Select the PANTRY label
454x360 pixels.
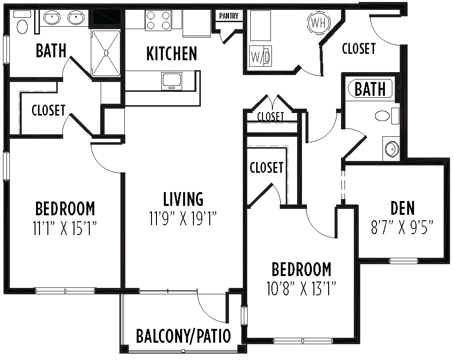[x=228, y=16]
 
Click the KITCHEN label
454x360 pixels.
[x=172, y=54]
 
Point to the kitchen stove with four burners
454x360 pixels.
[x=158, y=20]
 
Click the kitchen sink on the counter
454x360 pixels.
[x=172, y=80]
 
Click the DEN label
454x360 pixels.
[x=403, y=208]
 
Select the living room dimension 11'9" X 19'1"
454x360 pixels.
[x=184, y=218]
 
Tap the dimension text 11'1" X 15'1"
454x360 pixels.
[x=65, y=228]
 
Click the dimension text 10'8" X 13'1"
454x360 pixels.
[x=301, y=288]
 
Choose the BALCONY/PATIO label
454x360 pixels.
[x=183, y=336]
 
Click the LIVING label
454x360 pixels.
[x=183, y=199]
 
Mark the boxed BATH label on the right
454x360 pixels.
[x=370, y=89]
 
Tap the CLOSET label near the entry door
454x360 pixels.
[x=359, y=48]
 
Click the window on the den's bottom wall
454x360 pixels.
[x=403, y=260]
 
